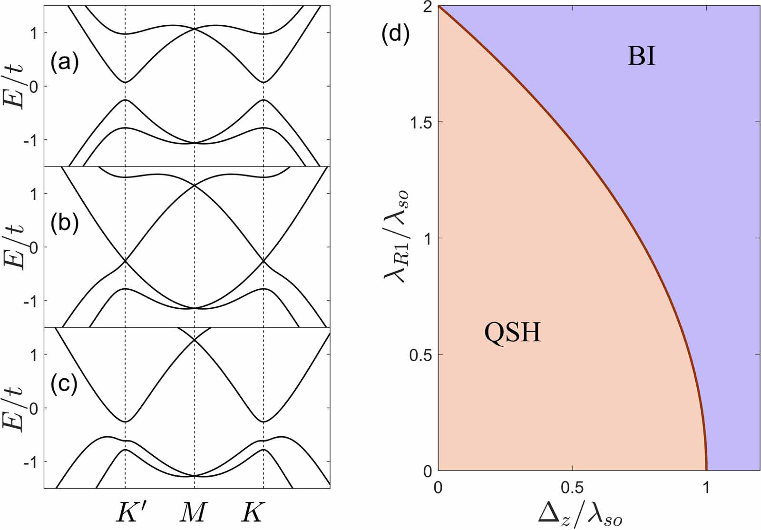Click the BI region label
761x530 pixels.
pyautogui.click(x=641, y=57)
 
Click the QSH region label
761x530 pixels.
pyautogui.click(x=513, y=332)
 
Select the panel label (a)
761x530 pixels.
pyautogui.click(x=65, y=62)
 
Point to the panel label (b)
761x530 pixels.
pyautogui.click(x=65, y=223)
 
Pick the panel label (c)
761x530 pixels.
pyautogui.click(x=65, y=384)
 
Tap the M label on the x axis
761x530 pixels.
pyautogui.click(x=194, y=512)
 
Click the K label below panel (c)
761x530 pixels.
pyautogui.click(x=252, y=512)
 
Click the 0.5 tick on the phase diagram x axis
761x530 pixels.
pyautogui.click(x=572, y=488)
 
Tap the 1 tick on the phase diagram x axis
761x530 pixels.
pyautogui.click(x=706, y=488)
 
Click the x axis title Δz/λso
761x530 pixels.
pyautogui.click(x=580, y=514)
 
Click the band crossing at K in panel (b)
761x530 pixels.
pyautogui.click(x=263, y=261)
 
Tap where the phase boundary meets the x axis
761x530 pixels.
pyautogui.click(x=706, y=470)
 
